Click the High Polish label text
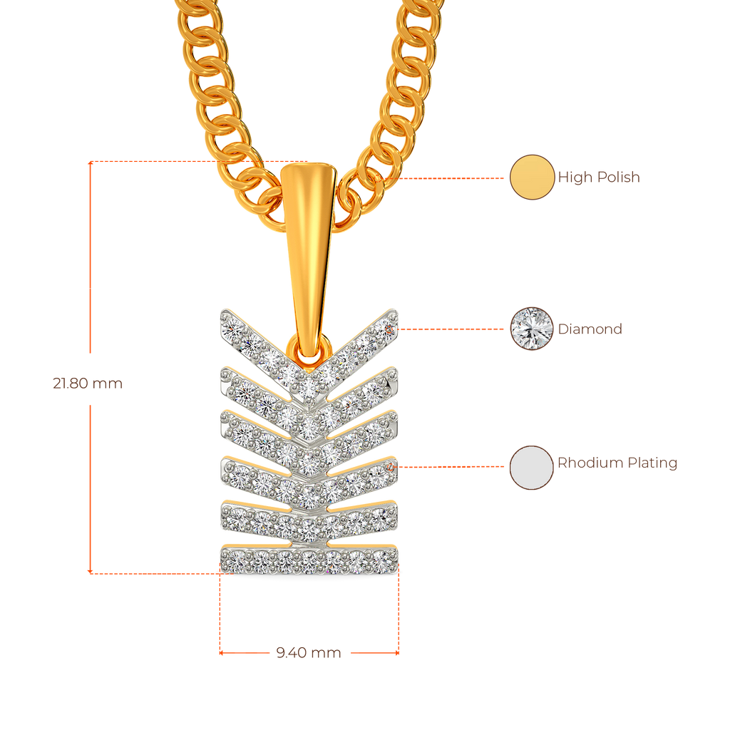(x=599, y=178)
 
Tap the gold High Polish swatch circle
(x=532, y=177)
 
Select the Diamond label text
(x=590, y=329)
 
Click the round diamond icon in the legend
(x=532, y=328)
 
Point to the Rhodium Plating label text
(x=617, y=463)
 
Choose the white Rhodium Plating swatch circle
(x=531, y=468)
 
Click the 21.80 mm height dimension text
(x=88, y=384)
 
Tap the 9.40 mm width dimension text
(x=308, y=652)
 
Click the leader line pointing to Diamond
(x=453, y=329)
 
